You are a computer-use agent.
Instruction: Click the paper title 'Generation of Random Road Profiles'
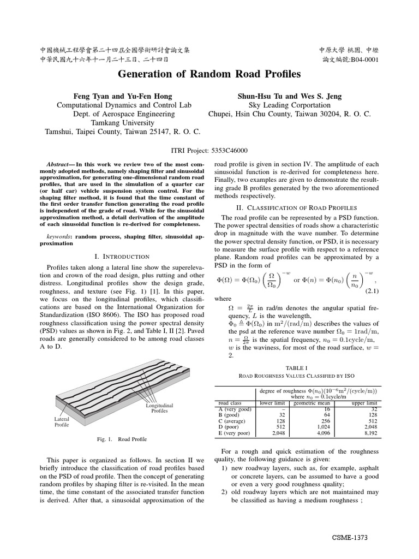pos(209,74)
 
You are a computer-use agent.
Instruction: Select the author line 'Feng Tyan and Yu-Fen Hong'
pos(123,96)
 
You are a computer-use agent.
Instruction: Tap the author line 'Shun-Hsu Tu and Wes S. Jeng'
pos(289,96)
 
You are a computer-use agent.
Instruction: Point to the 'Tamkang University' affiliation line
pos(123,123)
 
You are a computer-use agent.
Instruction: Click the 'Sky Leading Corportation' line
pos(289,105)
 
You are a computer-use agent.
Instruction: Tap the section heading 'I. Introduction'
pos(122,256)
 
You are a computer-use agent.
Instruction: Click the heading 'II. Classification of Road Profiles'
pos(296,207)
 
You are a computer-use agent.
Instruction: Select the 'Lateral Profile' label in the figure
pos(62,421)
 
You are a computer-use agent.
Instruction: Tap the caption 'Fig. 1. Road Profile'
pos(122,439)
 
